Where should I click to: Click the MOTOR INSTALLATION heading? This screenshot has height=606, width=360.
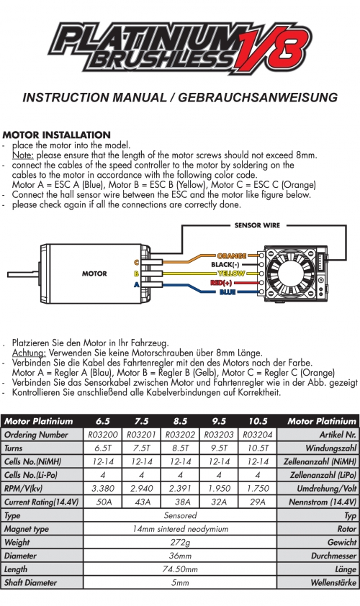(56, 135)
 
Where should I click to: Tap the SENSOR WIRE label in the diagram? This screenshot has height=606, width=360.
(257, 225)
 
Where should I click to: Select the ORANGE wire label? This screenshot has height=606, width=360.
(232, 255)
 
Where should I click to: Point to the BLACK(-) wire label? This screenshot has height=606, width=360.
(225, 265)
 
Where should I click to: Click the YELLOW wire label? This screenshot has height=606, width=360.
(231, 273)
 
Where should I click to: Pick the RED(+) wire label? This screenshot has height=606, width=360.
(222, 283)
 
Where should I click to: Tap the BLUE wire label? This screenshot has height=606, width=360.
(228, 291)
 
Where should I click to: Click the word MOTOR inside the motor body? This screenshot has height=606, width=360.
(94, 273)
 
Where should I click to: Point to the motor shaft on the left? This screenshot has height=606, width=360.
(24, 274)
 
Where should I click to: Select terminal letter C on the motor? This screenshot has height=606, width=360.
(136, 263)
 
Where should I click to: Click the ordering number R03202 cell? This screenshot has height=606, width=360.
(180, 435)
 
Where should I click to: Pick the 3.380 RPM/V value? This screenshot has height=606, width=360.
(103, 488)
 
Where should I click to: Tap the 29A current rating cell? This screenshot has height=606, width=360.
(258, 502)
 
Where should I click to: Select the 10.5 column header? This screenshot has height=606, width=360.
(258, 421)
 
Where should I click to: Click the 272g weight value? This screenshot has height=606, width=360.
(180, 542)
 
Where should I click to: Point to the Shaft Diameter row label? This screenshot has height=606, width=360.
(30, 582)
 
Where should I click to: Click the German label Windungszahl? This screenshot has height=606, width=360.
(330, 448)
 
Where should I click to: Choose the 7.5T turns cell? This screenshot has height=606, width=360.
(142, 448)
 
